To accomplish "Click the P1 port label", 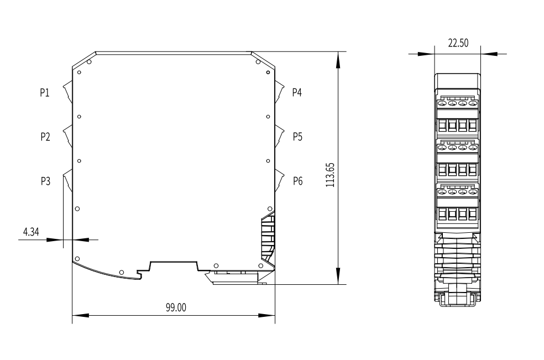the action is (x=45, y=93).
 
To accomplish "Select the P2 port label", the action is (x=45, y=137).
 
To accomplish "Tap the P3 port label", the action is (x=45, y=181).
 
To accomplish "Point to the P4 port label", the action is (x=297, y=92).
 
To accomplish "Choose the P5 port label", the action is (x=297, y=137).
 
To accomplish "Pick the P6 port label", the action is (x=297, y=181).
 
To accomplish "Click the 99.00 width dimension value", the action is (x=176, y=307).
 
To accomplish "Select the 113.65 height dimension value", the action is (x=330, y=175).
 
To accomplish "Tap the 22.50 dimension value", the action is (x=458, y=43).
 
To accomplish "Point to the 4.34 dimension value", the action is (x=31, y=232).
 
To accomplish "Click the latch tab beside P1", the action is (x=68, y=92).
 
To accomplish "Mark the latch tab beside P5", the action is (x=279, y=136).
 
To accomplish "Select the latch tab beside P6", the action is (x=279, y=180).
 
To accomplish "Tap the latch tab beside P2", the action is (x=68, y=136).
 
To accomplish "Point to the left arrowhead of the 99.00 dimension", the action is (x=80, y=316).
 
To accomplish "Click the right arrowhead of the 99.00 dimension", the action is (x=267, y=316).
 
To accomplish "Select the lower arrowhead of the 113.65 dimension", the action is (x=338, y=276).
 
